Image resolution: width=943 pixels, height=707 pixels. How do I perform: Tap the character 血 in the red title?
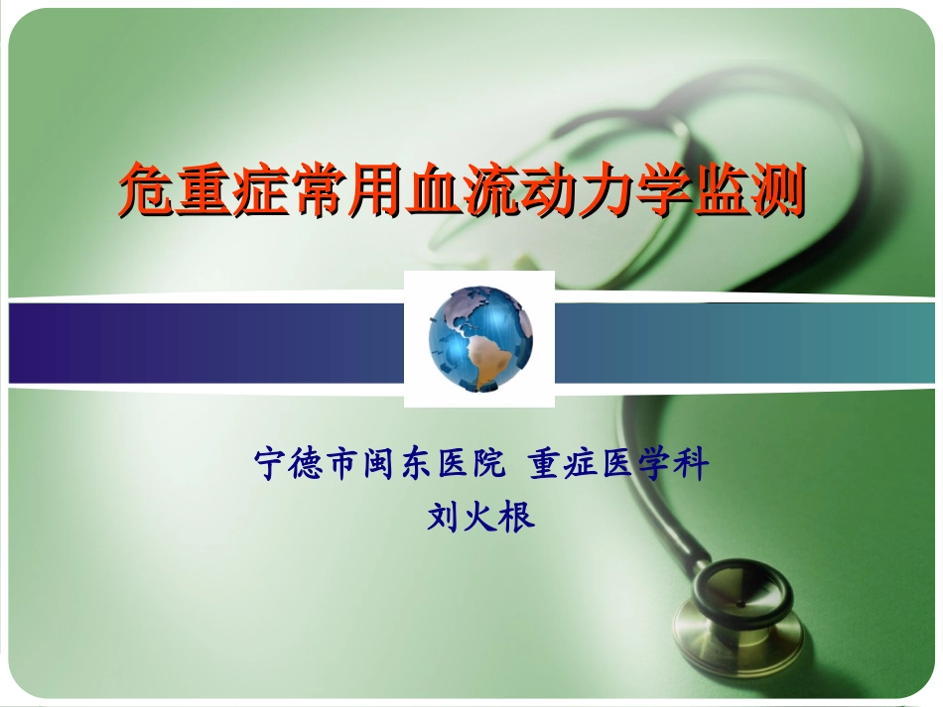[428, 190]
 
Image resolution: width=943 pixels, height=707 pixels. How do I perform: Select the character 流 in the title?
[484, 190]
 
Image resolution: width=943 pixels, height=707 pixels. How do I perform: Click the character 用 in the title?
[372, 190]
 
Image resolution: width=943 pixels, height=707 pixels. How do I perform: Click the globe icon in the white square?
[479, 338]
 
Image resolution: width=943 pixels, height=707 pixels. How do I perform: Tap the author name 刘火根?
[480, 517]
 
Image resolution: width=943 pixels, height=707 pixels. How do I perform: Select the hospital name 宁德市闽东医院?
[380, 464]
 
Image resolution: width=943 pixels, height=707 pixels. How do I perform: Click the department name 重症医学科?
[618, 464]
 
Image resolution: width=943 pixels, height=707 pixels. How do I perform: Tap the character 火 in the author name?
[480, 517]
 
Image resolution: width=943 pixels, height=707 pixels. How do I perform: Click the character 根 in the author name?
[517, 517]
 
